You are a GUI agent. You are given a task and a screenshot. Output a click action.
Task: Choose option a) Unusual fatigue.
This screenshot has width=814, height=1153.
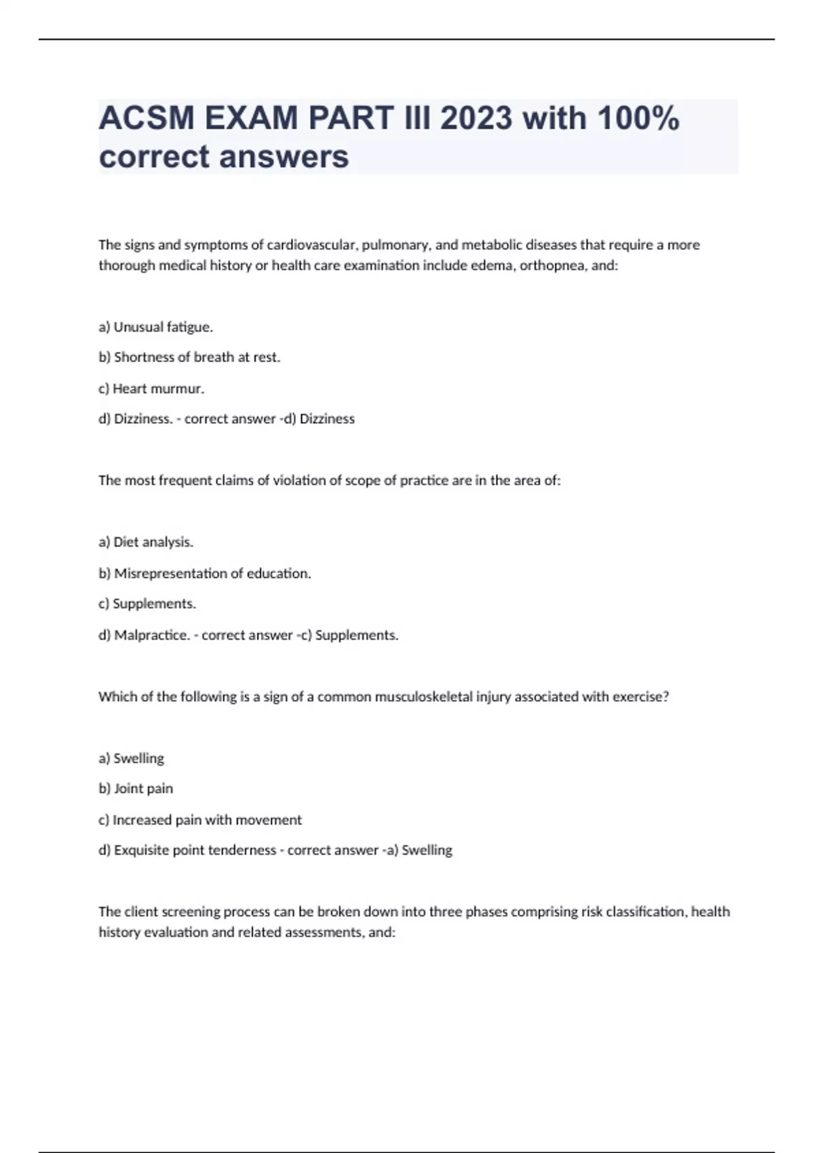click(x=156, y=327)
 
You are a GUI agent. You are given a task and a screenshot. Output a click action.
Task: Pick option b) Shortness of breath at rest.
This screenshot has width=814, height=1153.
click(x=189, y=357)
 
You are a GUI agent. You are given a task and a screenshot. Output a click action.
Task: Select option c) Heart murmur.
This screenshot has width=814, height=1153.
click(x=151, y=389)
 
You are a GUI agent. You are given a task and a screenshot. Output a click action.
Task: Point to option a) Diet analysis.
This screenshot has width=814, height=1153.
click(x=146, y=542)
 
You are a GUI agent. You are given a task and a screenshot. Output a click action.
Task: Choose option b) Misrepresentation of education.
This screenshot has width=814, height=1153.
click(x=205, y=574)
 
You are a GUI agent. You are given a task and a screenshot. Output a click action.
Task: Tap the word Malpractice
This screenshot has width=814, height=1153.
click(x=152, y=636)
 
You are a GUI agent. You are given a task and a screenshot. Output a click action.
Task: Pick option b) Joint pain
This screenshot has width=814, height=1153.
click(x=136, y=789)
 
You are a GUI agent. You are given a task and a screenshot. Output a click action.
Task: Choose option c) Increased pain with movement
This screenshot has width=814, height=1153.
click(x=200, y=820)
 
